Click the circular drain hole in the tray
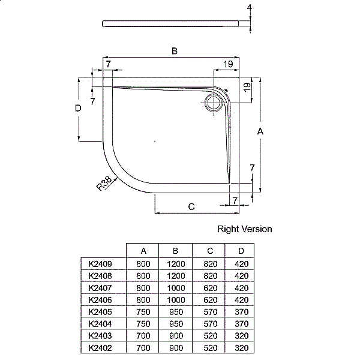click(x=212, y=103)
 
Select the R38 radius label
click(x=106, y=183)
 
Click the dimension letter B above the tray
click(x=175, y=52)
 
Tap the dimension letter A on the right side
click(x=260, y=131)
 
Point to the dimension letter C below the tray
click(x=191, y=206)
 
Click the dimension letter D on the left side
click(x=78, y=109)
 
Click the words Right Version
click(x=244, y=229)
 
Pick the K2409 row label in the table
click(x=100, y=263)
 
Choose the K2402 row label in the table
click(x=100, y=348)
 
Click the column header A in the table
click(x=143, y=251)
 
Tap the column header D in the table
click(x=241, y=251)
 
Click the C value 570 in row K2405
click(x=209, y=312)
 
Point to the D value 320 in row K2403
click(x=241, y=336)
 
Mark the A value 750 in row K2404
click(x=143, y=324)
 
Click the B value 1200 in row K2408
click(x=175, y=275)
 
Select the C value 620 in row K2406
click(x=209, y=299)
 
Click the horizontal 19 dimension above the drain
click(x=228, y=64)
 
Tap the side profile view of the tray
click(x=174, y=23)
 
